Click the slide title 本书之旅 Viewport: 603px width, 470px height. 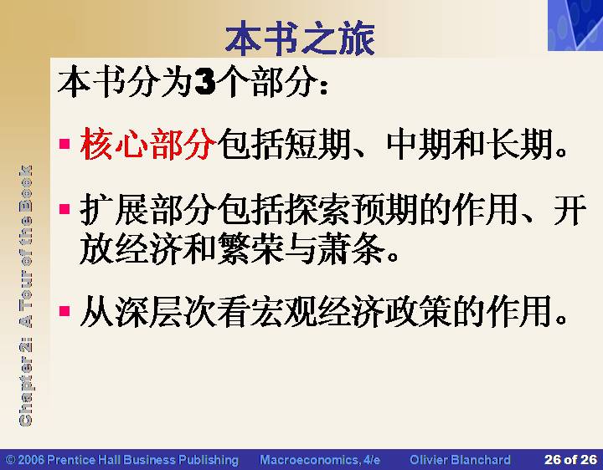[x=300, y=38]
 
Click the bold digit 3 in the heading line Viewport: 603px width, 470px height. [x=205, y=81]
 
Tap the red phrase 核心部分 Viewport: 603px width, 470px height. [x=147, y=144]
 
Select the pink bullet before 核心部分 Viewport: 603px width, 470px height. [x=64, y=144]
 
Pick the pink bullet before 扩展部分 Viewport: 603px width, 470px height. [x=64, y=209]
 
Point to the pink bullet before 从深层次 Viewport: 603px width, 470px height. [x=64, y=310]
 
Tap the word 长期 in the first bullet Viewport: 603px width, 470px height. [x=520, y=144]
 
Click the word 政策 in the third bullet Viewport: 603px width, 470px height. [x=420, y=310]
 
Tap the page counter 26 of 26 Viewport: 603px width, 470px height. [x=570, y=459]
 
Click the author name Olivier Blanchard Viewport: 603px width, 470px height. [x=460, y=459]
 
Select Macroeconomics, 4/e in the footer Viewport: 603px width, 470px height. [x=320, y=460]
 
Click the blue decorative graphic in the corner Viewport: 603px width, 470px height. [x=575, y=25]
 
